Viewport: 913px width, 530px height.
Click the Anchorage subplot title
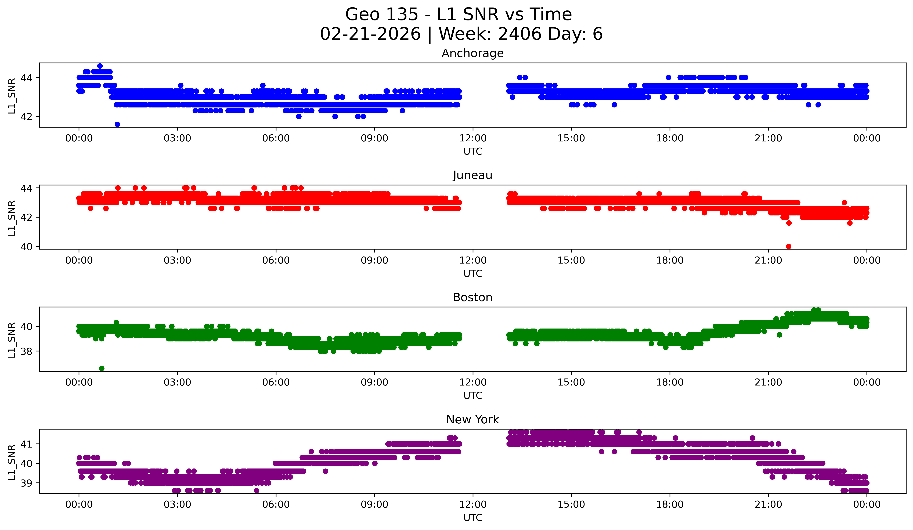point(472,53)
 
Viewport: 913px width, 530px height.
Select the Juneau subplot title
point(472,175)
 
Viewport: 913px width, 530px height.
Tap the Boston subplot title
point(472,297)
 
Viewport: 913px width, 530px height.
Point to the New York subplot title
point(472,420)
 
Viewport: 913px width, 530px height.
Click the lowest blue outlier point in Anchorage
point(117,124)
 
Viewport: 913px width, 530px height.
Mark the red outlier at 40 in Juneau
point(788,246)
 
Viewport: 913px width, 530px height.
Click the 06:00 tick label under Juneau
point(276,260)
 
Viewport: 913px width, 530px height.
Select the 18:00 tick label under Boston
point(670,382)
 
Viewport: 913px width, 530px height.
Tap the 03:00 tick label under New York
point(177,504)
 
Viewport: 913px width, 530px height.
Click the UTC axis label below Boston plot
point(472,396)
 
